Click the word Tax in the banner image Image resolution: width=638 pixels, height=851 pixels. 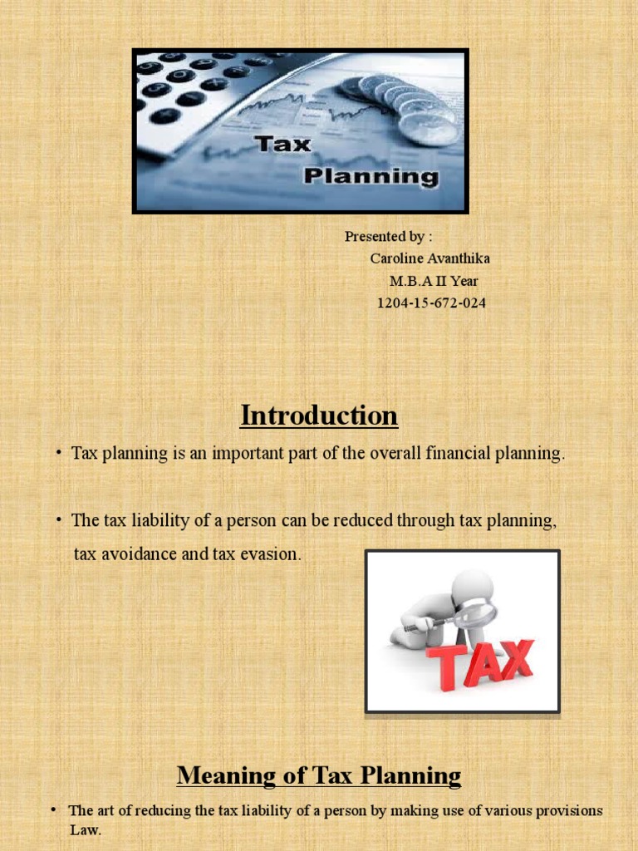click(x=282, y=144)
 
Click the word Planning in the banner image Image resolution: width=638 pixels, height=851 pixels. click(x=370, y=175)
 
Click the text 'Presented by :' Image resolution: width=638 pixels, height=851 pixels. click(x=389, y=237)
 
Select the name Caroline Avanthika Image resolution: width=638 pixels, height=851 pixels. click(x=429, y=258)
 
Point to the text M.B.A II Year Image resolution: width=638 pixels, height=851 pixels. click(x=434, y=281)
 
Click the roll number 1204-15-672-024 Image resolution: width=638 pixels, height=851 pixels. click(x=431, y=303)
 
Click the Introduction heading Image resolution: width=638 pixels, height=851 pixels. click(x=319, y=415)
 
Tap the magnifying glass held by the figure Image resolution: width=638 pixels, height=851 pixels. click(x=474, y=614)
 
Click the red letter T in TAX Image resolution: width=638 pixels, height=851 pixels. click(x=444, y=670)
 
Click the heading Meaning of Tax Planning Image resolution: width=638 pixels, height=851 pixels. click(x=319, y=776)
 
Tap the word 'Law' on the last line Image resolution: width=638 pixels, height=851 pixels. click(x=84, y=830)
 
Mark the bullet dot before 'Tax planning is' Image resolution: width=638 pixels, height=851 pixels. click(x=59, y=453)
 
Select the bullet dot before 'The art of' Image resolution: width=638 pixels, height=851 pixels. click(x=52, y=809)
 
